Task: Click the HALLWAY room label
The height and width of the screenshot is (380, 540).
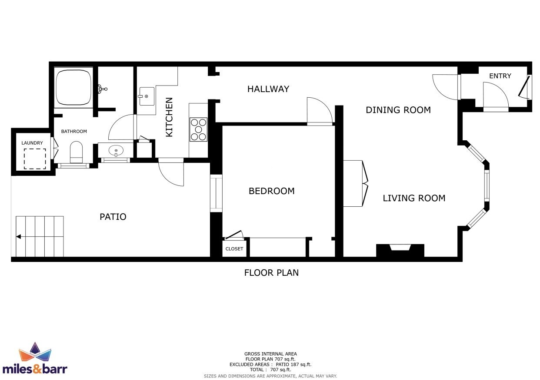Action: pyautogui.click(x=268, y=89)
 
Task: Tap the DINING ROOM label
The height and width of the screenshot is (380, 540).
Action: pyautogui.click(x=398, y=110)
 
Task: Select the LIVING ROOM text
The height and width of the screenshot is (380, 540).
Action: pyautogui.click(x=414, y=198)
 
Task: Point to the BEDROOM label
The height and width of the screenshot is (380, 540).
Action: pyautogui.click(x=271, y=191)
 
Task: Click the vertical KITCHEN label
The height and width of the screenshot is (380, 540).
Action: pyautogui.click(x=169, y=117)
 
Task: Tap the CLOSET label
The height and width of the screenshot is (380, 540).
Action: pyautogui.click(x=234, y=249)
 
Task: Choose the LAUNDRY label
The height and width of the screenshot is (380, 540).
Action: pyautogui.click(x=32, y=143)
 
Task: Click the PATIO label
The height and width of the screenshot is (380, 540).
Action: pyautogui.click(x=113, y=217)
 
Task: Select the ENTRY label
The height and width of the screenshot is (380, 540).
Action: pyautogui.click(x=500, y=76)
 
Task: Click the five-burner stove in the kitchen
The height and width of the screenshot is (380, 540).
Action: pyautogui.click(x=198, y=129)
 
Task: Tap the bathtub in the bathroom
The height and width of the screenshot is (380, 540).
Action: pyautogui.click(x=73, y=87)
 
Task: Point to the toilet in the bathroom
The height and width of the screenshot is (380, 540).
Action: pyautogui.click(x=76, y=152)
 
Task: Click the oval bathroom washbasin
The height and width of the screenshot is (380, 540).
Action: pyautogui.click(x=116, y=151)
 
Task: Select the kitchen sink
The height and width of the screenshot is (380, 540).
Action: pyautogui.click(x=147, y=96)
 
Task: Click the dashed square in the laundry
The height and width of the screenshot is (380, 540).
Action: pyautogui.click(x=35, y=159)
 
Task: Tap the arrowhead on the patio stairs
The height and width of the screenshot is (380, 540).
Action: pyautogui.click(x=18, y=237)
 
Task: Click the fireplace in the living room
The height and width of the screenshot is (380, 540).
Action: pyautogui.click(x=400, y=251)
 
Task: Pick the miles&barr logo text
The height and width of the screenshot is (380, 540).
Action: pyautogui.click(x=35, y=369)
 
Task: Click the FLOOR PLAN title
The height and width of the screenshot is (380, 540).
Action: pyautogui.click(x=271, y=273)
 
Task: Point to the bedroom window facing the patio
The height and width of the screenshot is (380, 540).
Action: pyautogui.click(x=216, y=193)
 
